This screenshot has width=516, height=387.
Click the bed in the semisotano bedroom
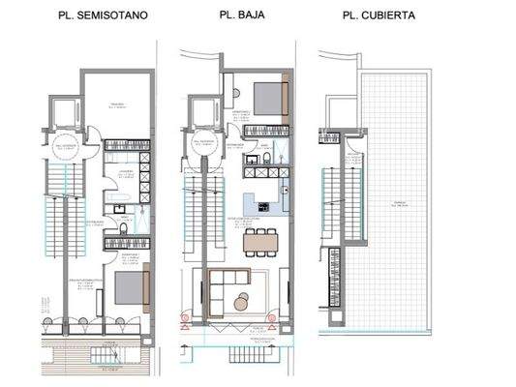coord(127,287)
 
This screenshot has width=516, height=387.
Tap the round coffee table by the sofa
coord(241,304)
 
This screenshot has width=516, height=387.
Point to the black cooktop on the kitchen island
coord(259,205)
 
